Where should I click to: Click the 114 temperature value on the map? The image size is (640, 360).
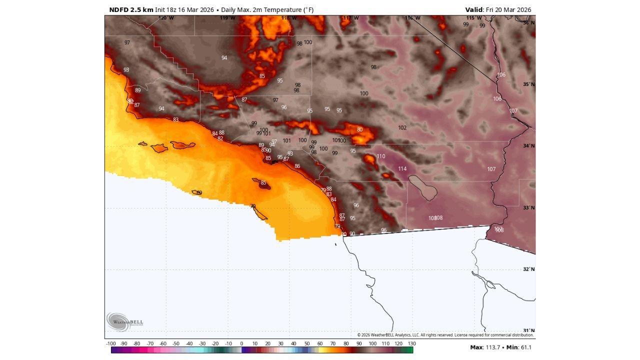point(402,169)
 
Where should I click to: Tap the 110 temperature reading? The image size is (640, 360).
point(381,156)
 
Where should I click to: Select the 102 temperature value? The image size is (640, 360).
point(402,128)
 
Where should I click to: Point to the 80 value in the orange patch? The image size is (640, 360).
point(359,130)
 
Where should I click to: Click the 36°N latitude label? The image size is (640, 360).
point(529,23)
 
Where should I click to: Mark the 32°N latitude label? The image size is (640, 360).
point(529,269)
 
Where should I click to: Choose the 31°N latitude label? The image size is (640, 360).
point(529,330)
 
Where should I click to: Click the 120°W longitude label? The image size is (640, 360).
point(166,18)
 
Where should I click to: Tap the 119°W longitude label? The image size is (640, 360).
point(227,18)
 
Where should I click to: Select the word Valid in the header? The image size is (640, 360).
point(474,10)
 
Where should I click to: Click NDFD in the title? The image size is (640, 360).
point(118,10)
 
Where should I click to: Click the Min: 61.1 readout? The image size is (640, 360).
point(519,347)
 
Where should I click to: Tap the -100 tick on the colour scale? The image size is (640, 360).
point(111,343)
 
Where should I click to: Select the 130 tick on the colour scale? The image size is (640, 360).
point(411,343)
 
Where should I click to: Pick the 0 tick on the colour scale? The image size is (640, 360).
point(241,343)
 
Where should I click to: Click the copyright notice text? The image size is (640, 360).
point(445,335)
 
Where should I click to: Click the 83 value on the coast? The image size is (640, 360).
point(175,120)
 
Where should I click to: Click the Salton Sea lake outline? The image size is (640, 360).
point(423,187)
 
